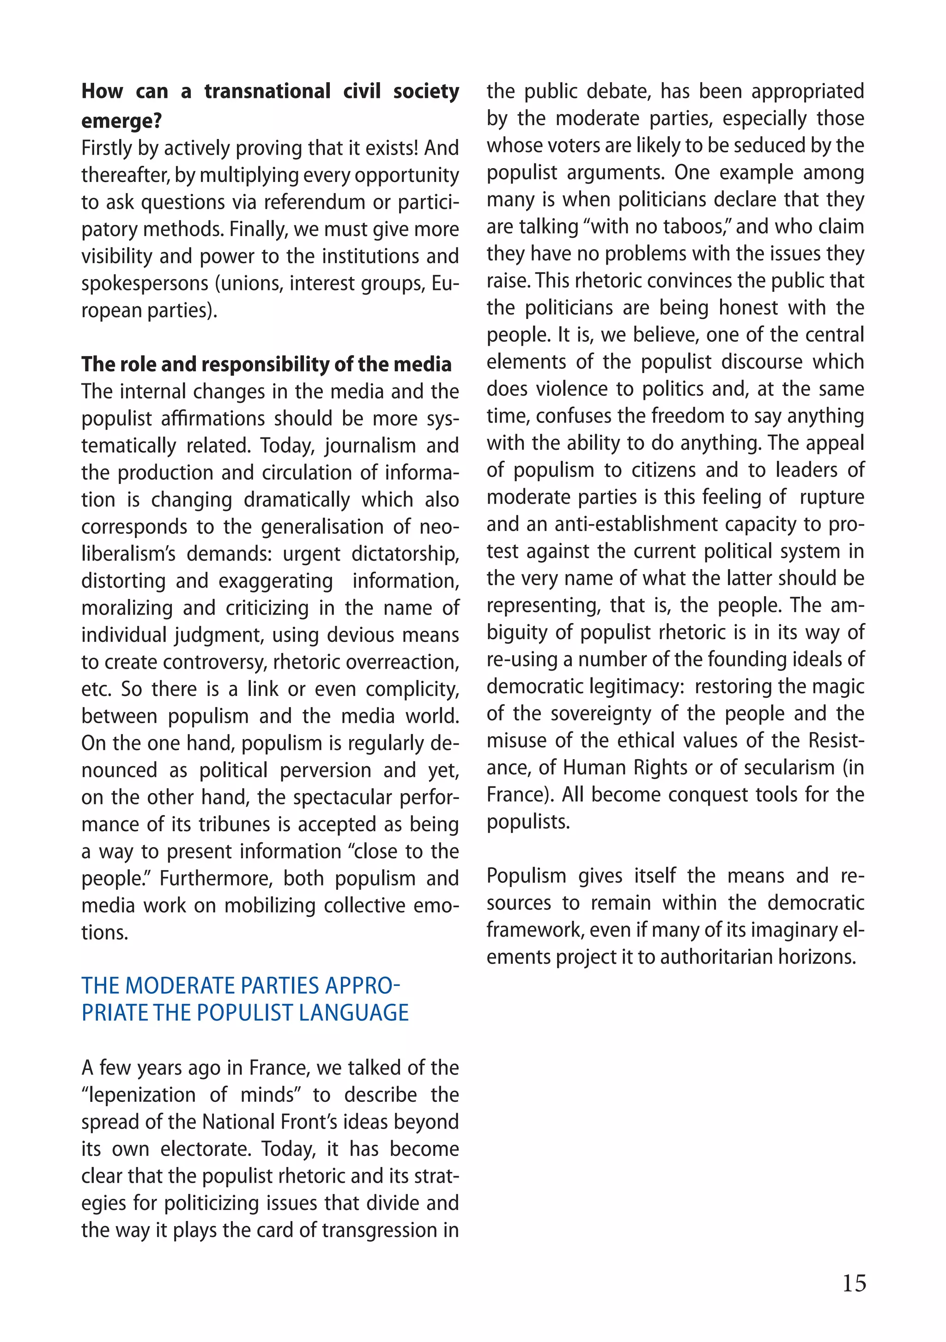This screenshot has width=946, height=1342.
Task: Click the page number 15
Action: (854, 1282)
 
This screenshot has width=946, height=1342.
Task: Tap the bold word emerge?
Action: (121, 121)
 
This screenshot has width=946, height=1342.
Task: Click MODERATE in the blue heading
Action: (180, 986)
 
